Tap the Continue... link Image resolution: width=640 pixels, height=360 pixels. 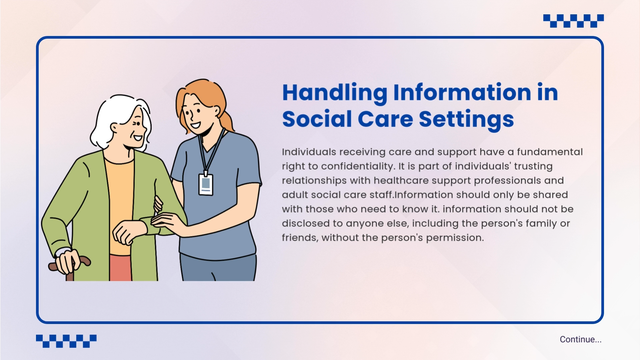[x=581, y=339]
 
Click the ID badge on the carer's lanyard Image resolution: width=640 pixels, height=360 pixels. [x=206, y=184]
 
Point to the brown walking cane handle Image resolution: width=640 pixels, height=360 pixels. [x=69, y=263]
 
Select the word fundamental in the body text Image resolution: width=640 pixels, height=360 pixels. [x=550, y=152]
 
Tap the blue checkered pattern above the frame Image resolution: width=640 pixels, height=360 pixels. [x=573, y=21]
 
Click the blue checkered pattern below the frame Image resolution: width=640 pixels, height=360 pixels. [x=66, y=341]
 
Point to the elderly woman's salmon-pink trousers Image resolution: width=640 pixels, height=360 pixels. [x=120, y=268]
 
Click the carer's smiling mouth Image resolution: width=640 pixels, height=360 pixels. [x=195, y=126]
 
